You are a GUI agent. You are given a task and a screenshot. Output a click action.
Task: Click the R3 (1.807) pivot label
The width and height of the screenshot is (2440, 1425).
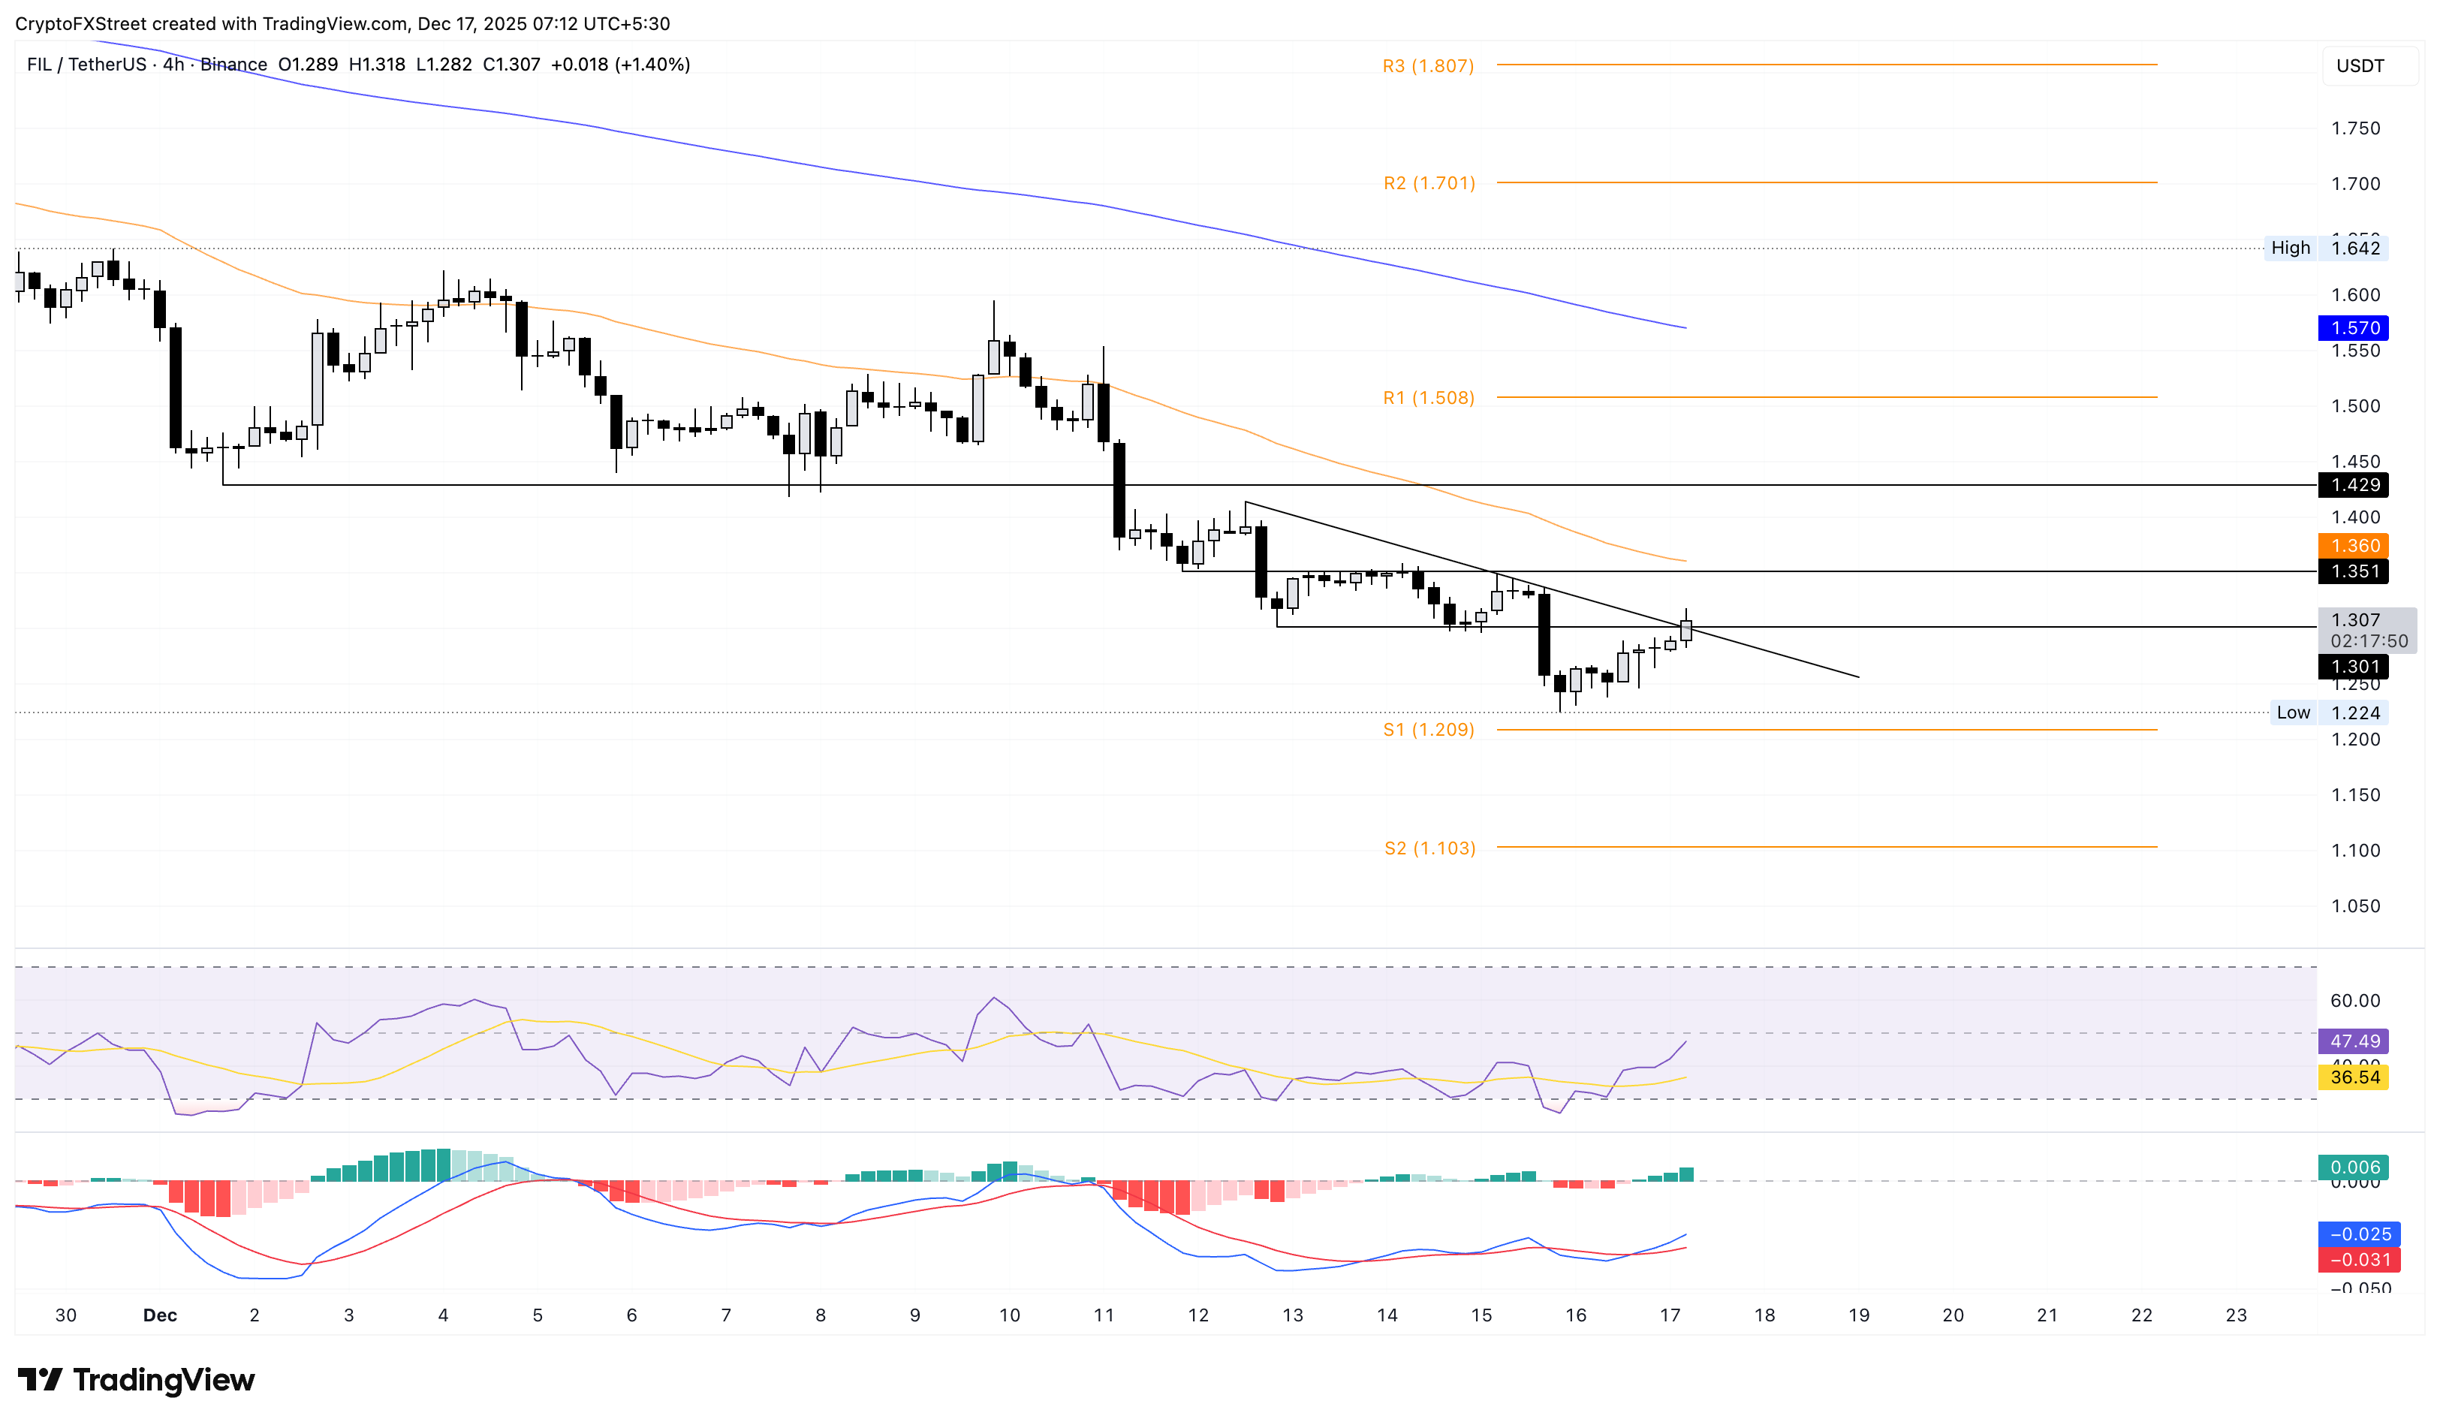[x=1427, y=66]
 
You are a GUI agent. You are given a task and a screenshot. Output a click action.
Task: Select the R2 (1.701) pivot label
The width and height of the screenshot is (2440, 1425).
[x=1428, y=183]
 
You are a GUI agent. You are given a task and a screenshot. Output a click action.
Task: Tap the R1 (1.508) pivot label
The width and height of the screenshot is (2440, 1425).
[x=1428, y=398]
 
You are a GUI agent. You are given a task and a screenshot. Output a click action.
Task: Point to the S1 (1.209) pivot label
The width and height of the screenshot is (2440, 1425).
[x=1428, y=730]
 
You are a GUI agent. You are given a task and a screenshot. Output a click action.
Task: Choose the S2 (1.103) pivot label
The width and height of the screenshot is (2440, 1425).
[x=1429, y=848]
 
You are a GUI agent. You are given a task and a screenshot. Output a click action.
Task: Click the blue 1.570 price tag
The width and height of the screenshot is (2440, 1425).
[x=2353, y=328]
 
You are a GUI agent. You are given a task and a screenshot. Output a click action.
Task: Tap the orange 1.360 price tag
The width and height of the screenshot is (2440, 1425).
[x=2353, y=546]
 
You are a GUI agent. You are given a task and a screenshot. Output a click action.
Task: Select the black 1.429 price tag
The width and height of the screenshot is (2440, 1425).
[x=2353, y=485]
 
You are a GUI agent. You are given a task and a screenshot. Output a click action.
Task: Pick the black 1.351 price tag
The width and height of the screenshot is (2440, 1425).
[x=2353, y=571]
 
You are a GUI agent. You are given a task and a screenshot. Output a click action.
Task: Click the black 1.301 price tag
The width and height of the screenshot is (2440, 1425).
[x=2353, y=666]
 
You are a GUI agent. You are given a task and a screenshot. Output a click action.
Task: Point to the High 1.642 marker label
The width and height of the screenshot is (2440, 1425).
[x=2327, y=248]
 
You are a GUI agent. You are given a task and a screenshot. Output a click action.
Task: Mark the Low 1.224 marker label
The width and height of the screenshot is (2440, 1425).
[x=2327, y=712]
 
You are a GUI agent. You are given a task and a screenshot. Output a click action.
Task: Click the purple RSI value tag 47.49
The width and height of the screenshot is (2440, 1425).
[x=2353, y=1041]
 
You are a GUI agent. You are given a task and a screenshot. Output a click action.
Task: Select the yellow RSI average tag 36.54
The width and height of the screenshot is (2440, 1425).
[x=2353, y=1077]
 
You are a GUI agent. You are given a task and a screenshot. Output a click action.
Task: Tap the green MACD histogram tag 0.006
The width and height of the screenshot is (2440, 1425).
[x=2353, y=1167]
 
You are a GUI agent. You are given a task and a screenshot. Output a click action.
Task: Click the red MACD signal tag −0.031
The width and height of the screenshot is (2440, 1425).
[x=2353, y=1260]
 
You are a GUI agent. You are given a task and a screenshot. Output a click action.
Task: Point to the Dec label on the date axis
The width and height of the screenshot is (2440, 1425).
[x=160, y=1315]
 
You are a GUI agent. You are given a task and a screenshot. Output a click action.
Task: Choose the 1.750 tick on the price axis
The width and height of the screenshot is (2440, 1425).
[x=2355, y=128]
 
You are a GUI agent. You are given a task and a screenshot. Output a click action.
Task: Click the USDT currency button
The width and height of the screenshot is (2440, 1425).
[x=2360, y=66]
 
